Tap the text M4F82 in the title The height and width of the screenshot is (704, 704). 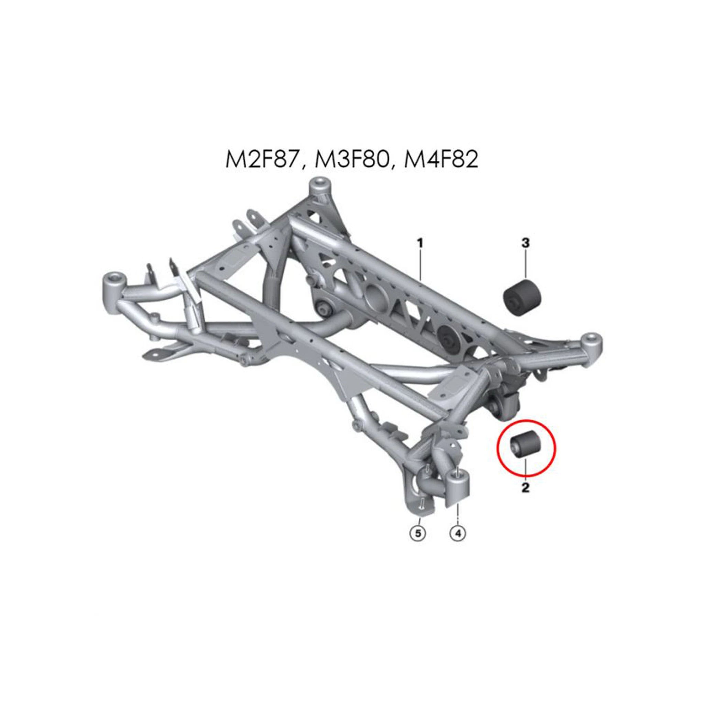(441, 160)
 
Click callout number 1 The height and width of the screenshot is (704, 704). (420, 243)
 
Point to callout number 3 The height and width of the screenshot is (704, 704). (526, 243)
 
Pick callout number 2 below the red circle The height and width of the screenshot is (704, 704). (525, 487)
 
